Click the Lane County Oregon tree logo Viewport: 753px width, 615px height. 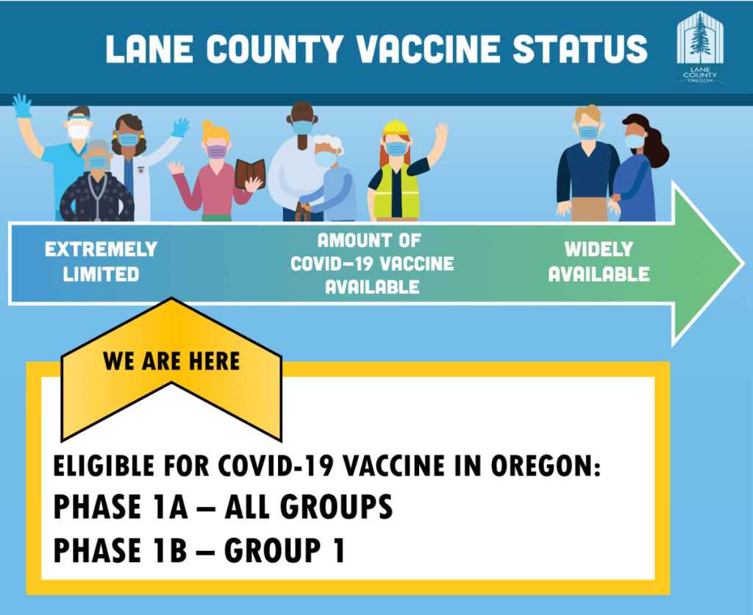[x=700, y=47]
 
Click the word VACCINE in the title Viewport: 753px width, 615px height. [x=429, y=49]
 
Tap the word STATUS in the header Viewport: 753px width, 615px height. [x=580, y=49]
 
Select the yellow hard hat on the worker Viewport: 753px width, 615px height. [x=395, y=128]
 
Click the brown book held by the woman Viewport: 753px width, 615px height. [x=250, y=173]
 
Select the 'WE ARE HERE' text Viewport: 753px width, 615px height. [x=171, y=361]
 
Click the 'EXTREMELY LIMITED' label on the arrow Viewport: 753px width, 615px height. [x=101, y=262]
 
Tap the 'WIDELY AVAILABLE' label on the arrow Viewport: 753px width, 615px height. [x=599, y=262]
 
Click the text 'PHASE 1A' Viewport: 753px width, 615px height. [x=121, y=506]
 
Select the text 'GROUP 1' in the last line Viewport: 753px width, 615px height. [x=285, y=550]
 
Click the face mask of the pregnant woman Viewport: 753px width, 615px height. [x=634, y=141]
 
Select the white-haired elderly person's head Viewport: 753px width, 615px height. [x=327, y=150]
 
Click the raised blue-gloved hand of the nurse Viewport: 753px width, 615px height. [x=21, y=106]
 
